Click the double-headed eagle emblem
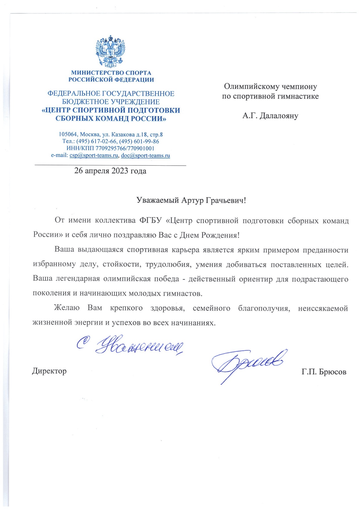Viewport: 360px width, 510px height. (x=110, y=52)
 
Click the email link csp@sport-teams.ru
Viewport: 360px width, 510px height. (x=94, y=155)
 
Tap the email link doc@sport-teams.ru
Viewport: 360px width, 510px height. (x=145, y=155)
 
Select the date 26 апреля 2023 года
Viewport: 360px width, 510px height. (x=110, y=171)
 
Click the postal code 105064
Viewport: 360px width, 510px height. (x=68, y=135)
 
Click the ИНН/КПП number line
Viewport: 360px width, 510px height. (x=110, y=148)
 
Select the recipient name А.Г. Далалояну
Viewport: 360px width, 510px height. (x=270, y=116)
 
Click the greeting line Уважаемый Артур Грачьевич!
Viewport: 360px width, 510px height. (x=191, y=200)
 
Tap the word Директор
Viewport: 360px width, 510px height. (x=49, y=371)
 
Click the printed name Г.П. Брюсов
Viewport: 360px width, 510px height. (x=324, y=372)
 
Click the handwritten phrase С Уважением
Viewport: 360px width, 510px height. (x=131, y=346)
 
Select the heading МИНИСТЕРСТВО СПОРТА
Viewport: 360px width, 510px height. (x=111, y=73)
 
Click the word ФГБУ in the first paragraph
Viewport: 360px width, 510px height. (x=150, y=221)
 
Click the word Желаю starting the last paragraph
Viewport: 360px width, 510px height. (x=67, y=308)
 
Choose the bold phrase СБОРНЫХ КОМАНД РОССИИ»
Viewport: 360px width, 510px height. (x=111, y=119)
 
